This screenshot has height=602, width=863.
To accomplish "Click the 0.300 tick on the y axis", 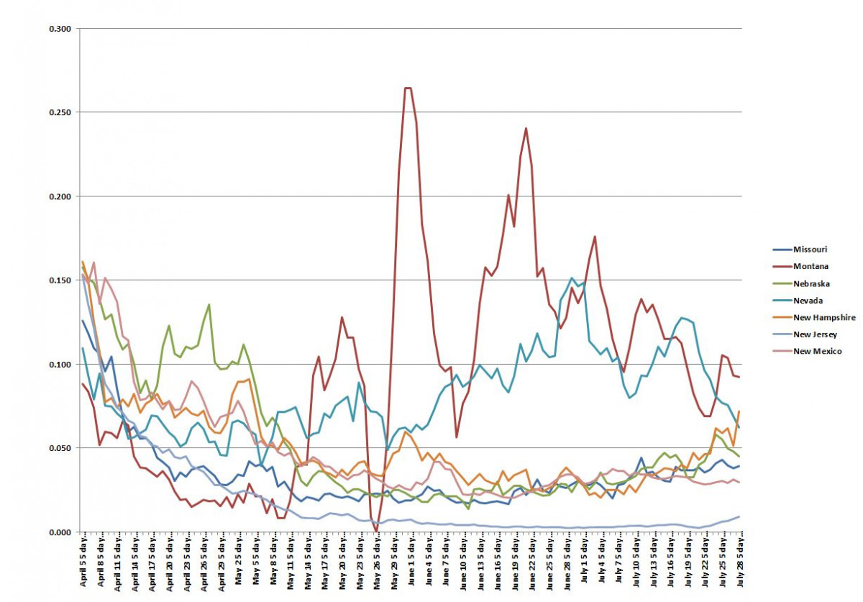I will click(x=60, y=29).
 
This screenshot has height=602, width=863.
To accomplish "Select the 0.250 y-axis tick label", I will click(x=60, y=113).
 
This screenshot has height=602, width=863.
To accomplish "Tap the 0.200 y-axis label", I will click(x=60, y=196).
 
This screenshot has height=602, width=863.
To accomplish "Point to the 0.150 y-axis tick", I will click(x=60, y=281).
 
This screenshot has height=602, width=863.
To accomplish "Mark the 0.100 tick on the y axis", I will click(x=60, y=365).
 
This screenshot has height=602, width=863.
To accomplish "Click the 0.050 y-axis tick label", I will click(x=60, y=448).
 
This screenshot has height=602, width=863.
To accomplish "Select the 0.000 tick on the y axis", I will click(x=60, y=532).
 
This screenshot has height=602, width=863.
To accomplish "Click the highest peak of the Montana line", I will click(x=408, y=88).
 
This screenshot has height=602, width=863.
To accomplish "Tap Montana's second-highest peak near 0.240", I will click(x=526, y=129).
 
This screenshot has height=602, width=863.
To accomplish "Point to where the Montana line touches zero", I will click(x=376, y=531).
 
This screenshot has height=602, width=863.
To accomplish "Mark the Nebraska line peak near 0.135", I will click(x=209, y=304).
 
